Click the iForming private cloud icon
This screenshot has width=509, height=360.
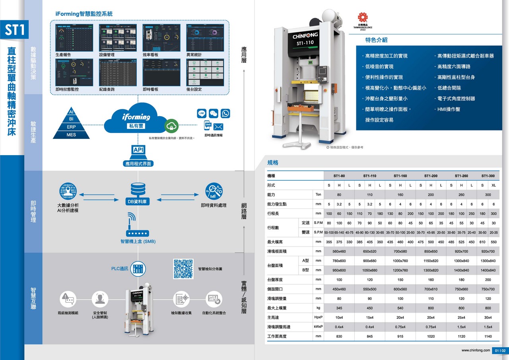[136, 119]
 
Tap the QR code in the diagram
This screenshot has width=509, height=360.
[183, 269]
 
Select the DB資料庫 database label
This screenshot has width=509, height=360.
[138, 202]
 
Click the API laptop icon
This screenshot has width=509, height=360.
[138, 151]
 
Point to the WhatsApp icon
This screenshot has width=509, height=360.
[225, 113]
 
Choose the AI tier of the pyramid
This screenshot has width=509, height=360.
[72, 111]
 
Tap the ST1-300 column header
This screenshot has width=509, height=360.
[488, 176]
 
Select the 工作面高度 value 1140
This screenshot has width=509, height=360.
[488, 337]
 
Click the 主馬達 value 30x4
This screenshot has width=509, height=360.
[488, 317]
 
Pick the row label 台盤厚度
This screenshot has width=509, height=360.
[275, 280]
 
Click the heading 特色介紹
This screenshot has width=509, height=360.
[376, 40]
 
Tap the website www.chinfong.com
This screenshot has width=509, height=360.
[476, 350]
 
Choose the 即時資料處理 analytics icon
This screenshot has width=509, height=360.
[214, 191]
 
